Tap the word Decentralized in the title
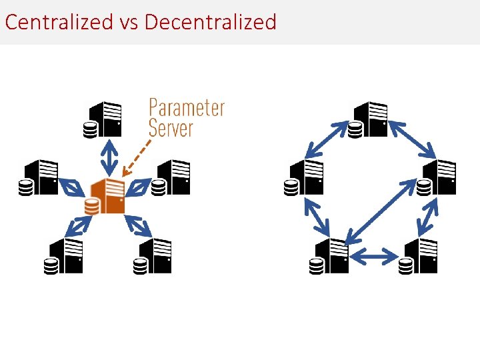click(210, 22)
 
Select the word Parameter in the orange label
click(187, 107)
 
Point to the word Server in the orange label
click(171, 127)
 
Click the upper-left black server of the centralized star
click(38, 177)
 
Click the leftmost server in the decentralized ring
click(303, 177)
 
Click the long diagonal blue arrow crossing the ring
click(381, 211)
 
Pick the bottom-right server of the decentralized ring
click(418, 256)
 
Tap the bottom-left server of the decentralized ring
click(329, 256)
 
